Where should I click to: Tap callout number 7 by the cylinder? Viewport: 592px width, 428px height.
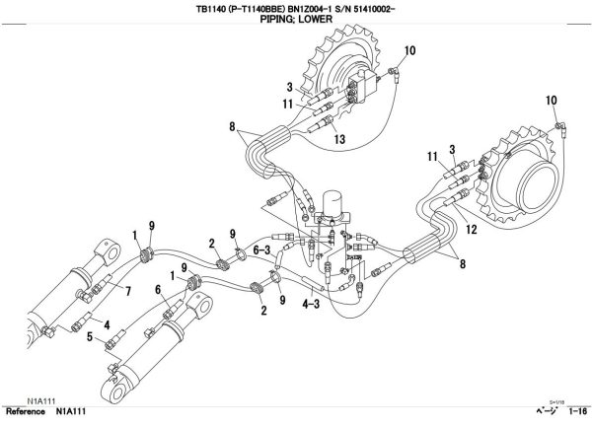[x=127, y=289]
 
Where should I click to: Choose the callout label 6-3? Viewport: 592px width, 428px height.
[x=261, y=250]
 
